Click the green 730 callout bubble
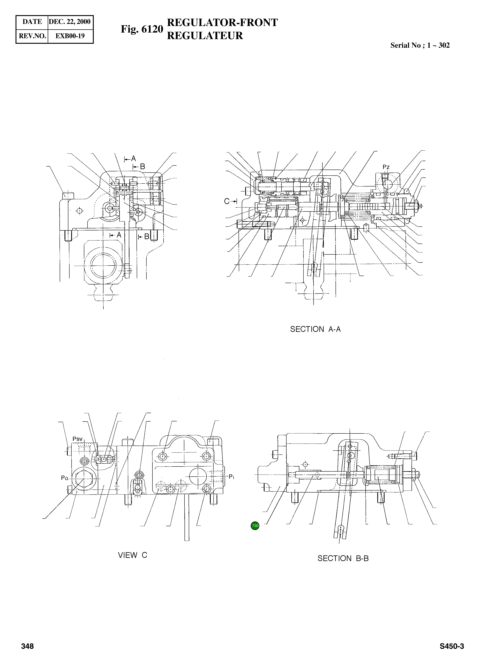coord(255,525)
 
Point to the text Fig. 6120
coord(142,29)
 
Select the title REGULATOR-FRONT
coord(222,23)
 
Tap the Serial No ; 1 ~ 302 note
coord(420,45)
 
